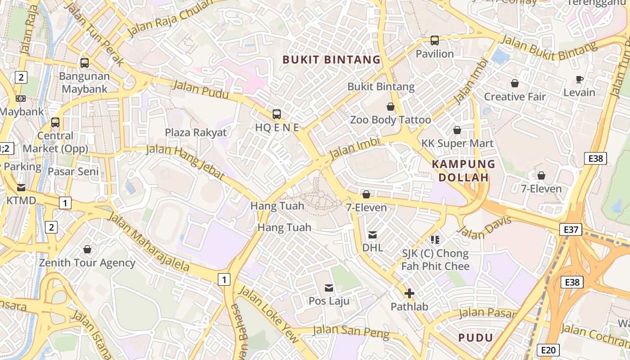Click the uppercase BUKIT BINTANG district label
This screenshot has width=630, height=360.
[331, 59]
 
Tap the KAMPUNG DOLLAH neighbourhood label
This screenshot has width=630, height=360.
[463, 171]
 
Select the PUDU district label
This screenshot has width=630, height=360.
[476, 337]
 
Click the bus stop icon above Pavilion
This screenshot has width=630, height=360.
[435, 40]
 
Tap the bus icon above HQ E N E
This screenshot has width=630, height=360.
[277, 114]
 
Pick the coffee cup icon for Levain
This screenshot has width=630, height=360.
[580, 80]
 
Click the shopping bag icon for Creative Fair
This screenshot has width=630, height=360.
[514, 83]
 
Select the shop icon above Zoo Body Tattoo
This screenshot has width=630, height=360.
[390, 107]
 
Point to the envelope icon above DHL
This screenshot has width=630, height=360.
[373, 234]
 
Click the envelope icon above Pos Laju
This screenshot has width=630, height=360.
[329, 288]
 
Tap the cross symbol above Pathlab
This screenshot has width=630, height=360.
[409, 294]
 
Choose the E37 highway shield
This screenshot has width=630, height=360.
[571, 229]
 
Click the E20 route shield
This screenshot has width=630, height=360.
[549, 350]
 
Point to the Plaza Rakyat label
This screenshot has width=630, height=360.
[196, 132]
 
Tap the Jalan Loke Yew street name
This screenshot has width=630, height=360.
[268, 314]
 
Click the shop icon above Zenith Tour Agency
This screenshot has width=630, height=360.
[87, 249]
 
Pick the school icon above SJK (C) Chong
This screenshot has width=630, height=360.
[435, 239]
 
